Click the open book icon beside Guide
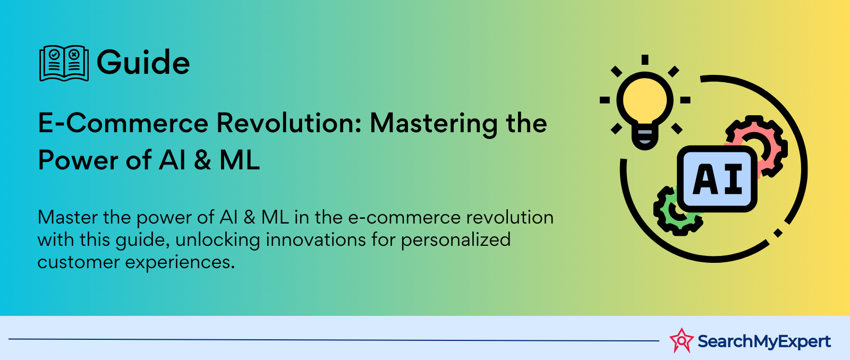click(x=64, y=63)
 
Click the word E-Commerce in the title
click(x=123, y=123)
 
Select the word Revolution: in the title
click(x=289, y=123)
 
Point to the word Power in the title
click(x=78, y=160)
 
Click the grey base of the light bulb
click(x=645, y=138)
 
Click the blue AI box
click(x=717, y=178)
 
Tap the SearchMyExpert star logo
click(x=682, y=341)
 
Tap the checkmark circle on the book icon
click(x=54, y=54)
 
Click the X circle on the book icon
click(x=74, y=54)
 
